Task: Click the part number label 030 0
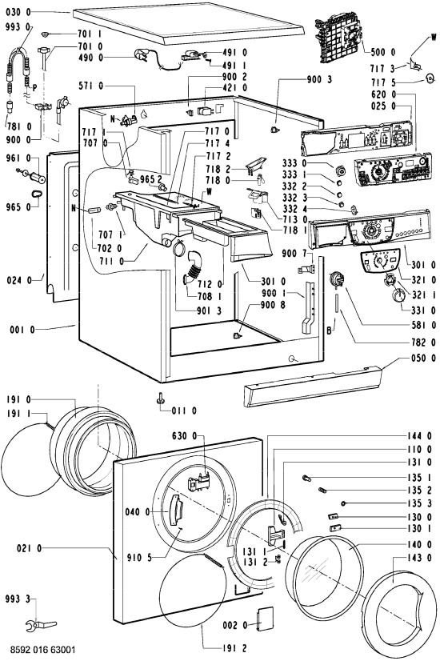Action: pos(18,12)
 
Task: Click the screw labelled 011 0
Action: pos(161,399)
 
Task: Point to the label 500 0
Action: pos(383,52)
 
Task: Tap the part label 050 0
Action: pos(423,358)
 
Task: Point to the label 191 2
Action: pos(234,648)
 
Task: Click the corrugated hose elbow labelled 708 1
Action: pos(192,270)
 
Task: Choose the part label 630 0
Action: pos(184,435)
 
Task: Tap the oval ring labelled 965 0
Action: pos(37,194)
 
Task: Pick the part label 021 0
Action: pos(30,548)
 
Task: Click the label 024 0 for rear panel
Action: pos(19,280)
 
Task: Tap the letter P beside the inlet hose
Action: pos(34,88)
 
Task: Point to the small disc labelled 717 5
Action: pos(430,78)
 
